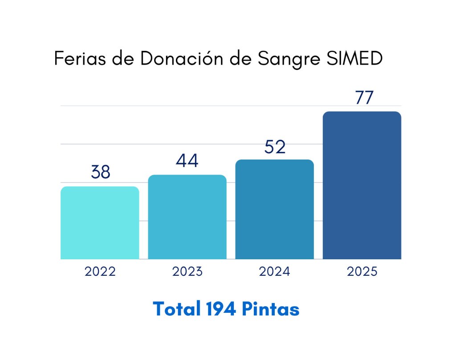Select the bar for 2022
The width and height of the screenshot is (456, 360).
click(x=100, y=223)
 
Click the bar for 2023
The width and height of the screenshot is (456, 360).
click(x=187, y=217)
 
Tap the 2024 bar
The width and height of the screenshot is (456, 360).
click(x=274, y=209)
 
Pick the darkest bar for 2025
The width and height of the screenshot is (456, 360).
click(x=362, y=185)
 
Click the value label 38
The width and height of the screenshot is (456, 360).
click(x=100, y=172)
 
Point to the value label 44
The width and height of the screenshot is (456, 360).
click(x=187, y=160)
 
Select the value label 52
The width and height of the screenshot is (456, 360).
click(x=274, y=147)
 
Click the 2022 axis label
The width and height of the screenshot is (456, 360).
click(x=100, y=272)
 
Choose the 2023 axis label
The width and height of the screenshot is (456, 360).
click(x=187, y=272)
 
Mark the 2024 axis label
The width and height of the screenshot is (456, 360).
click(x=274, y=272)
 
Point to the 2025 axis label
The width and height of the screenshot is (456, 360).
click(x=362, y=272)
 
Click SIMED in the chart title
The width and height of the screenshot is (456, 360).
click(x=358, y=59)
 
